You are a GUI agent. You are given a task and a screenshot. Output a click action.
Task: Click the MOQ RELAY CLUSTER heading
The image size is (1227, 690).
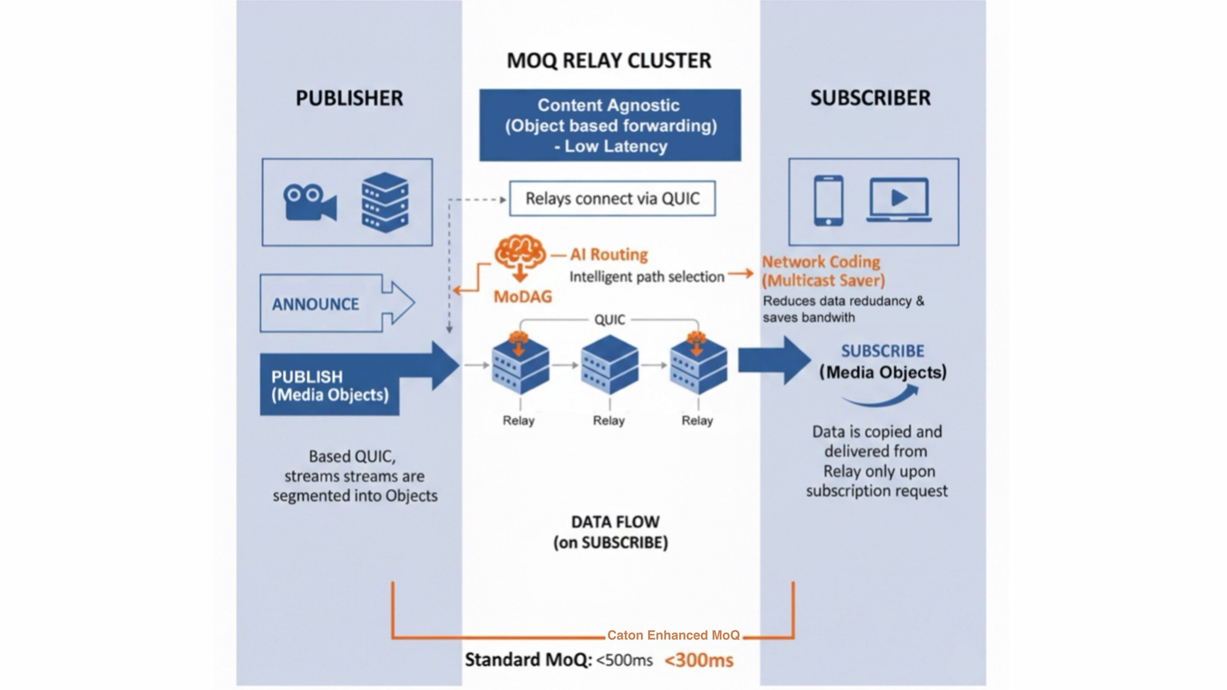click(x=609, y=60)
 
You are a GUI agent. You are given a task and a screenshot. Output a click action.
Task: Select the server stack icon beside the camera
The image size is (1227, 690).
click(x=385, y=203)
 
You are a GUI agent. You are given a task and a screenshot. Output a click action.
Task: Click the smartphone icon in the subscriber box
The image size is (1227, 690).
click(x=828, y=201)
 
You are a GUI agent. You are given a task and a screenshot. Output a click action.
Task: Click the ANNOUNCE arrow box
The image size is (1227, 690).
click(x=336, y=303)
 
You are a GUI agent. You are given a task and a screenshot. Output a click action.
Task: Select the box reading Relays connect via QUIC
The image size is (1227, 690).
click(x=612, y=199)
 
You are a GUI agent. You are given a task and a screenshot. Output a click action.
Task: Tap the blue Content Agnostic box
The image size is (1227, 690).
click(x=610, y=125)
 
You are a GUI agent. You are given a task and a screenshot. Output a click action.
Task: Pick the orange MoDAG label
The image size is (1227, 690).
click(x=522, y=297)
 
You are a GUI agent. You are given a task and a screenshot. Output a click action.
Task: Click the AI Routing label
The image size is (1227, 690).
click(x=609, y=255)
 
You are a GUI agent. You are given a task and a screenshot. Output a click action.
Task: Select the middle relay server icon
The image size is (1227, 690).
click(x=609, y=365)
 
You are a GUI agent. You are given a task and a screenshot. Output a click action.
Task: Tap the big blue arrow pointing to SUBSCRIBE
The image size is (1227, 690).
click(x=774, y=360)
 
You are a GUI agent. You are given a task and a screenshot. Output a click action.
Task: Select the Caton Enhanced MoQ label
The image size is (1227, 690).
click(x=673, y=635)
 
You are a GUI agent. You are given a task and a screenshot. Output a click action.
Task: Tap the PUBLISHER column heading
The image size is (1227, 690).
click(x=349, y=98)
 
